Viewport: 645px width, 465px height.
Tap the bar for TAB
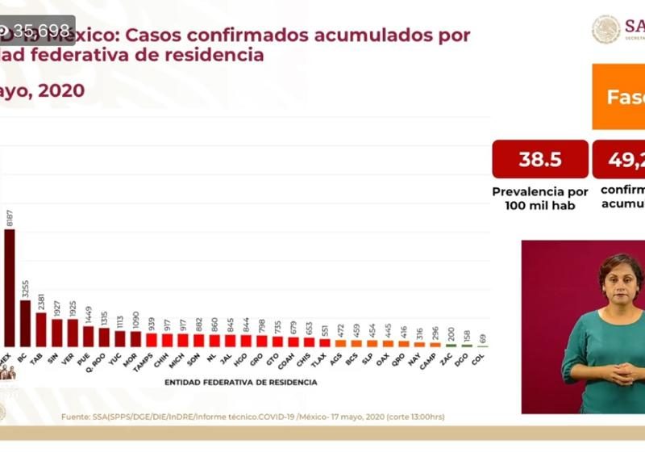pyautogui.click(x=41, y=330)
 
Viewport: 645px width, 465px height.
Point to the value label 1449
pyautogui.click(x=88, y=313)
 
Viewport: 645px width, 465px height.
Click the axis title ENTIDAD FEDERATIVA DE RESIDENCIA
pyautogui.click(x=240, y=382)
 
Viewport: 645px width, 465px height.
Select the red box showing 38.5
pyautogui.click(x=539, y=159)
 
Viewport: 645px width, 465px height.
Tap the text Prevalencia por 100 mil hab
pyautogui.click(x=540, y=198)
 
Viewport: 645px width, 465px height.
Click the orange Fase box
pyautogui.click(x=622, y=98)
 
